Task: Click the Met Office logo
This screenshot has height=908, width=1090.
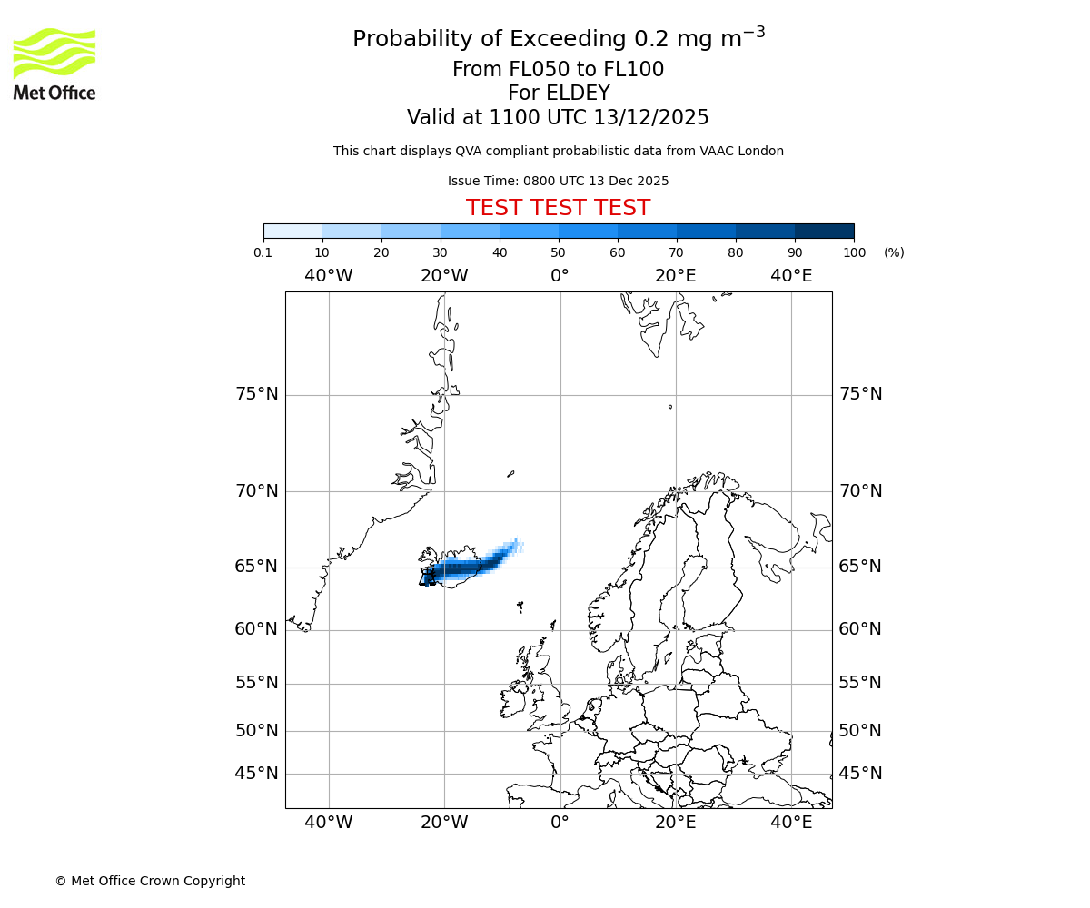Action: (x=54, y=64)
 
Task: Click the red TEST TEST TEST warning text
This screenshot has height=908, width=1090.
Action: (x=558, y=208)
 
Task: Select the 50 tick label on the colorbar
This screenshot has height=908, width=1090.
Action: (x=559, y=252)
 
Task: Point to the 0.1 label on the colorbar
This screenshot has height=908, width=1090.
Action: (x=263, y=252)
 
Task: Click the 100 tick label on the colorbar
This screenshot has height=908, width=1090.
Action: (x=854, y=252)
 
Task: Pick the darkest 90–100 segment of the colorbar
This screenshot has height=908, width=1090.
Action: (x=824, y=231)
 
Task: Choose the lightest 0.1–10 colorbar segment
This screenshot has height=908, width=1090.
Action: (x=293, y=231)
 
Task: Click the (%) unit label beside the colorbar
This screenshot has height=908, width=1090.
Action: (x=894, y=252)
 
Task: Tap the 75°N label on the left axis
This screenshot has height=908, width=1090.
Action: (x=257, y=394)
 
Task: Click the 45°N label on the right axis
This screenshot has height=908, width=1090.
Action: (x=860, y=774)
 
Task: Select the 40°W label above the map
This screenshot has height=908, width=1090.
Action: (x=328, y=275)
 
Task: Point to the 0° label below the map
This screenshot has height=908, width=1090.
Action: (x=560, y=823)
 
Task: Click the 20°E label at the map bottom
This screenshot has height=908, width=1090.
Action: (x=675, y=823)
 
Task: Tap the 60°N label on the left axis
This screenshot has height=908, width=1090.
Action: (x=257, y=629)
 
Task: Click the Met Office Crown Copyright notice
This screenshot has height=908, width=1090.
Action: (x=150, y=881)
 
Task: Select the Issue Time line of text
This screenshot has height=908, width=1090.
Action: (x=558, y=181)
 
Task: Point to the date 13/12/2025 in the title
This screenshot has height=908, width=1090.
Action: (x=651, y=117)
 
